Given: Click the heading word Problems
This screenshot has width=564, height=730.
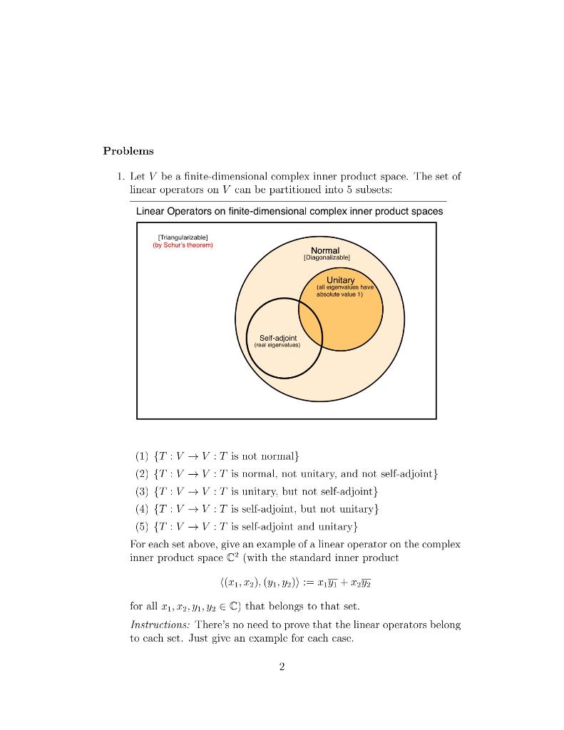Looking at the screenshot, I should (x=128, y=150).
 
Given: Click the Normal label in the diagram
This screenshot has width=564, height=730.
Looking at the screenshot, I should (x=325, y=250).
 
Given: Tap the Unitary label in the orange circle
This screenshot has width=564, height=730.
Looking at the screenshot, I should (x=340, y=279).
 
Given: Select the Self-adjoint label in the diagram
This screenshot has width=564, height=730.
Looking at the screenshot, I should (x=278, y=337).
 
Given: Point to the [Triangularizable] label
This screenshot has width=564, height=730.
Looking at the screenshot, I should (x=183, y=237).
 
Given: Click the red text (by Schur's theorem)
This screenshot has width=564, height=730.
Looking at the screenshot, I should (x=183, y=245).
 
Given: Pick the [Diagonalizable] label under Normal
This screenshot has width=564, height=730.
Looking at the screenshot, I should (x=326, y=258).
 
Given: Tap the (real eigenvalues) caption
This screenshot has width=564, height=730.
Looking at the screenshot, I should (x=277, y=345).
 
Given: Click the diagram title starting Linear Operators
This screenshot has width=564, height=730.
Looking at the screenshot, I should (x=289, y=211).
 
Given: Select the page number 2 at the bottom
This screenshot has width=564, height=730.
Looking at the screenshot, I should (x=282, y=667).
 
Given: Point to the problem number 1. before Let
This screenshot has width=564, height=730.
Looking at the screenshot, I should (x=121, y=175).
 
